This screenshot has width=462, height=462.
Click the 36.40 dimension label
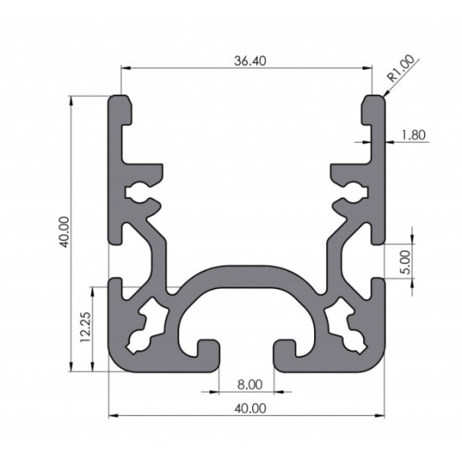(249, 61)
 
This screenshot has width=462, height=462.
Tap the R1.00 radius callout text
(401, 68)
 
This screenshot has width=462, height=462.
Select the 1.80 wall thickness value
(413, 135)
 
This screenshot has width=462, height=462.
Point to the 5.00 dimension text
(406, 262)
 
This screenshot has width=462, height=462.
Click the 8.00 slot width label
(249, 385)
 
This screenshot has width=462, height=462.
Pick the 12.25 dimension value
(86, 327)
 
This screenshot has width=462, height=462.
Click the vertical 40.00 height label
(64, 232)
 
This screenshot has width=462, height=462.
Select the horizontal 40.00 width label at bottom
(250, 408)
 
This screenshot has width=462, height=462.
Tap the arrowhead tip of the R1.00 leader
(383, 97)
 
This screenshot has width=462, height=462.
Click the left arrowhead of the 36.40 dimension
(122, 68)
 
